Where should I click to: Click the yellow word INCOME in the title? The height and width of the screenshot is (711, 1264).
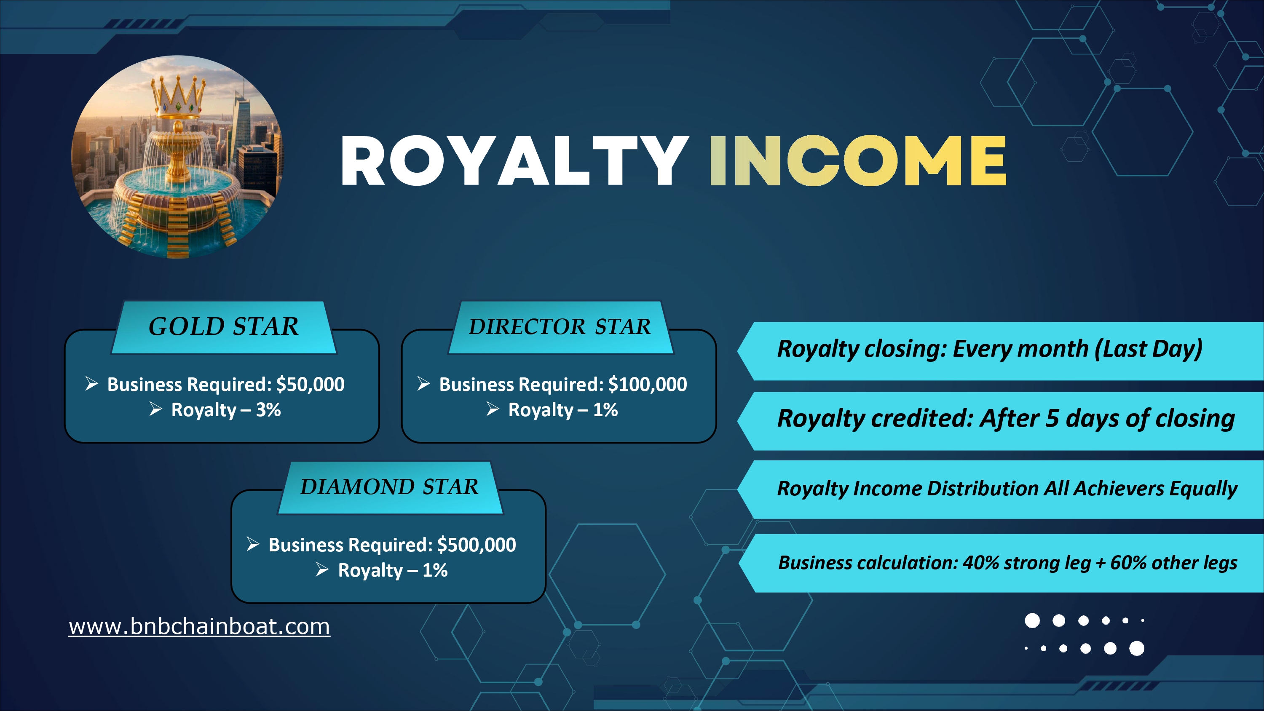[x=858, y=161]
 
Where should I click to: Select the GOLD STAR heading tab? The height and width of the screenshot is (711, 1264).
[x=224, y=327]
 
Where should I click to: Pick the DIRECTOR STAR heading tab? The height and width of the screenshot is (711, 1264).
[x=560, y=327]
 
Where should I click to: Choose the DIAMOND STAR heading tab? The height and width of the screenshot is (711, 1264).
[x=390, y=487]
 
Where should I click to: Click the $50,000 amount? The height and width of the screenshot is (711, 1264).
[x=310, y=384]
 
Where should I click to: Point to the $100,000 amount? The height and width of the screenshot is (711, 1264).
[x=648, y=384]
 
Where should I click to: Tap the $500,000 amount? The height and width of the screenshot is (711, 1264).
[x=477, y=545]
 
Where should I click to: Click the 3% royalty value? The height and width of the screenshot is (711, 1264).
[x=268, y=410]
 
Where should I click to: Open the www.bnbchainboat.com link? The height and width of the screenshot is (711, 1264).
[x=199, y=627]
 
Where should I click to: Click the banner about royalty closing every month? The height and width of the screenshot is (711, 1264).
[x=1001, y=351]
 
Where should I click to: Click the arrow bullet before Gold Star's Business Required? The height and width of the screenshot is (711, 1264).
[x=92, y=383]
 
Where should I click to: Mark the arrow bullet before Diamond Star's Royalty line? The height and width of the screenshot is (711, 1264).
[x=322, y=569]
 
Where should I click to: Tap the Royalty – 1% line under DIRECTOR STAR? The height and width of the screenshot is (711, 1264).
[x=552, y=410]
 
